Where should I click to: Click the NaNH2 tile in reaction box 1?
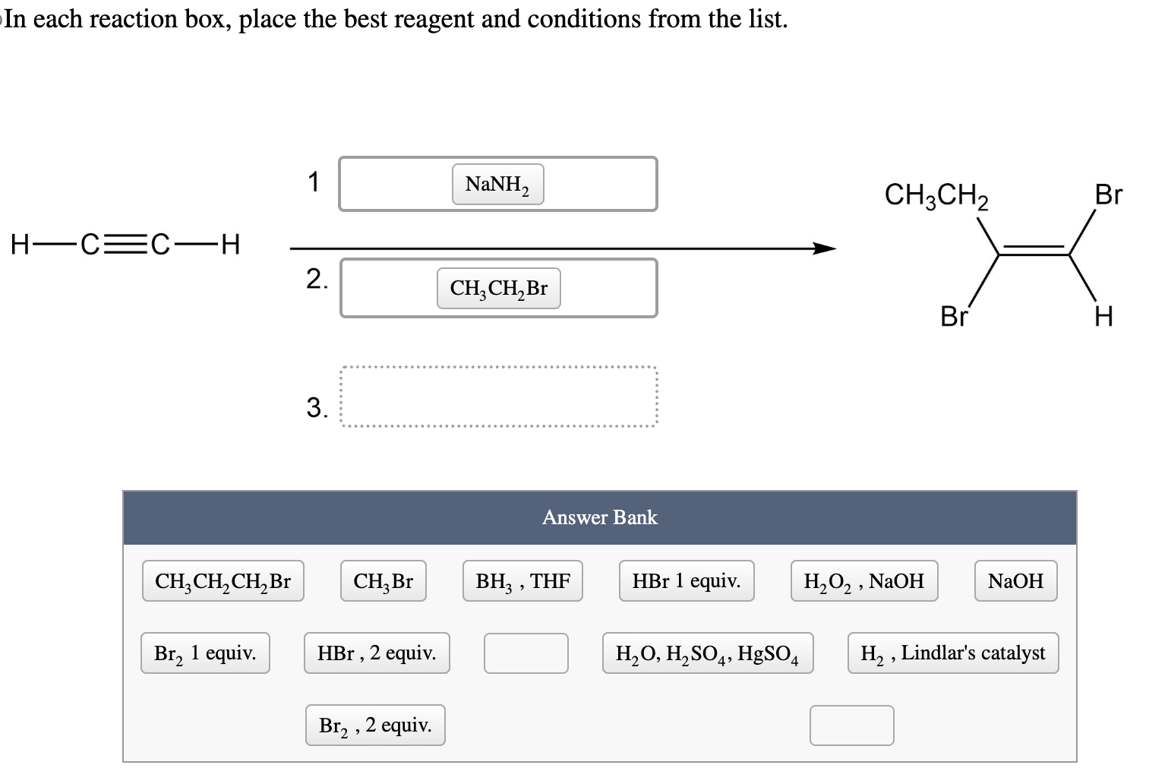click(497, 185)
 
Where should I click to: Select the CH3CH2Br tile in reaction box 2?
click(498, 289)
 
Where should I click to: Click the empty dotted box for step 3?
click(498, 398)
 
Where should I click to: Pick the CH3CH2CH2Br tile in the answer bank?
click(223, 581)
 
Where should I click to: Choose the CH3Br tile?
click(383, 581)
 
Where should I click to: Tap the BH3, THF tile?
click(522, 581)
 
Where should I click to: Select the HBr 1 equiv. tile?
click(686, 581)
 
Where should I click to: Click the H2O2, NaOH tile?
click(863, 581)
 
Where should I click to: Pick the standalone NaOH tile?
click(1015, 581)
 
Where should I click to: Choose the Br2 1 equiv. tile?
click(205, 653)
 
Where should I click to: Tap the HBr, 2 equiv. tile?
click(377, 653)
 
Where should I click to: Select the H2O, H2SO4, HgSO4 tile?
click(707, 653)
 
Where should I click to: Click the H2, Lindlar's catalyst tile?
click(952, 653)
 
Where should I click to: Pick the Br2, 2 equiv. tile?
click(375, 726)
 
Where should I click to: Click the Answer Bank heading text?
click(599, 517)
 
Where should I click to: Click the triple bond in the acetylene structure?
click(125, 245)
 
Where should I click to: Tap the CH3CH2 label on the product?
click(936, 195)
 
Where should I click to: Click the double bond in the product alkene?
click(1034, 250)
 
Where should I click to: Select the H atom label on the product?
click(1103, 315)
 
